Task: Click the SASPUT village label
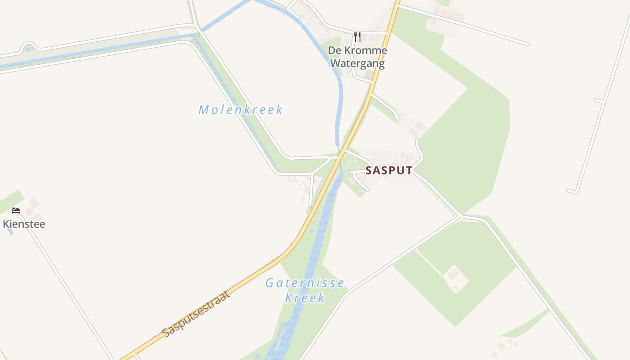(x=389, y=171)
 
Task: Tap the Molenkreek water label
(x=241, y=110)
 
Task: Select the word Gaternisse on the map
(x=305, y=283)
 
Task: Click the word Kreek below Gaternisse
(x=305, y=298)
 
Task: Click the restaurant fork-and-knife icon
(x=357, y=36)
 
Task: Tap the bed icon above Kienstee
(x=16, y=210)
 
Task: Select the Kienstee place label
(x=24, y=224)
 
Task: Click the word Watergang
(x=357, y=63)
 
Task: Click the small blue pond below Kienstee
(x=10, y=233)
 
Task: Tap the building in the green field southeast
(x=453, y=273)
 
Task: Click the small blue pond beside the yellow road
(x=312, y=230)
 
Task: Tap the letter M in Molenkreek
(x=204, y=110)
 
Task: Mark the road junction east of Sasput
(x=459, y=216)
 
